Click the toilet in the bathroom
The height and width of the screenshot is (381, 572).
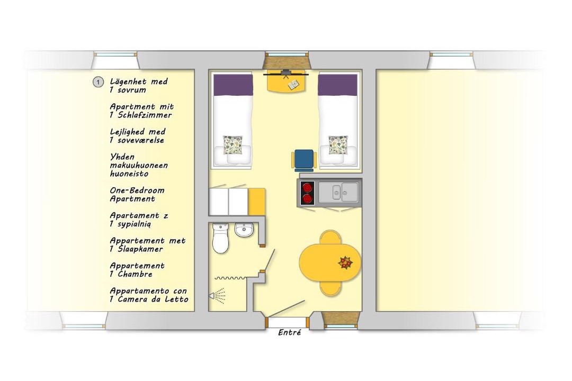click(220, 239)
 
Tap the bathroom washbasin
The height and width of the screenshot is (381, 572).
click(244, 230)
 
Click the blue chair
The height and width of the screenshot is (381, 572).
click(304, 160)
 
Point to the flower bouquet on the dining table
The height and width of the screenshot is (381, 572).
click(345, 262)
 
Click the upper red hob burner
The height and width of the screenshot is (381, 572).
click(308, 187)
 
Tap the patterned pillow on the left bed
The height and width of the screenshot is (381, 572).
click(233, 145)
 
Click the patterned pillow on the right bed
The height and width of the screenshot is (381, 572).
click(338, 145)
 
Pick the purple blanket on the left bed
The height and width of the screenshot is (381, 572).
click(233, 85)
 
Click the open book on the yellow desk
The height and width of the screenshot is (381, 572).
click(293, 85)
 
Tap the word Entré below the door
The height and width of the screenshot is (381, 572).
click(290, 332)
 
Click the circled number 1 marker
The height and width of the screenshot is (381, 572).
click(98, 83)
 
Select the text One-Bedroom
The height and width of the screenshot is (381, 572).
click(137, 190)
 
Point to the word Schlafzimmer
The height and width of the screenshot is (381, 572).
click(145, 115)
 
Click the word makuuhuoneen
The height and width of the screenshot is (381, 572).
click(139, 166)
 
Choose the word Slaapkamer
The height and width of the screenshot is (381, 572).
click(140, 249)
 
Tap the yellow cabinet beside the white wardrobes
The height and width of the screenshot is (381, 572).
click(256, 202)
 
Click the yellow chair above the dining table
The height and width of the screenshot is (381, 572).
click(330, 237)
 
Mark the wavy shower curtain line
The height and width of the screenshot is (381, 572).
click(230, 278)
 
